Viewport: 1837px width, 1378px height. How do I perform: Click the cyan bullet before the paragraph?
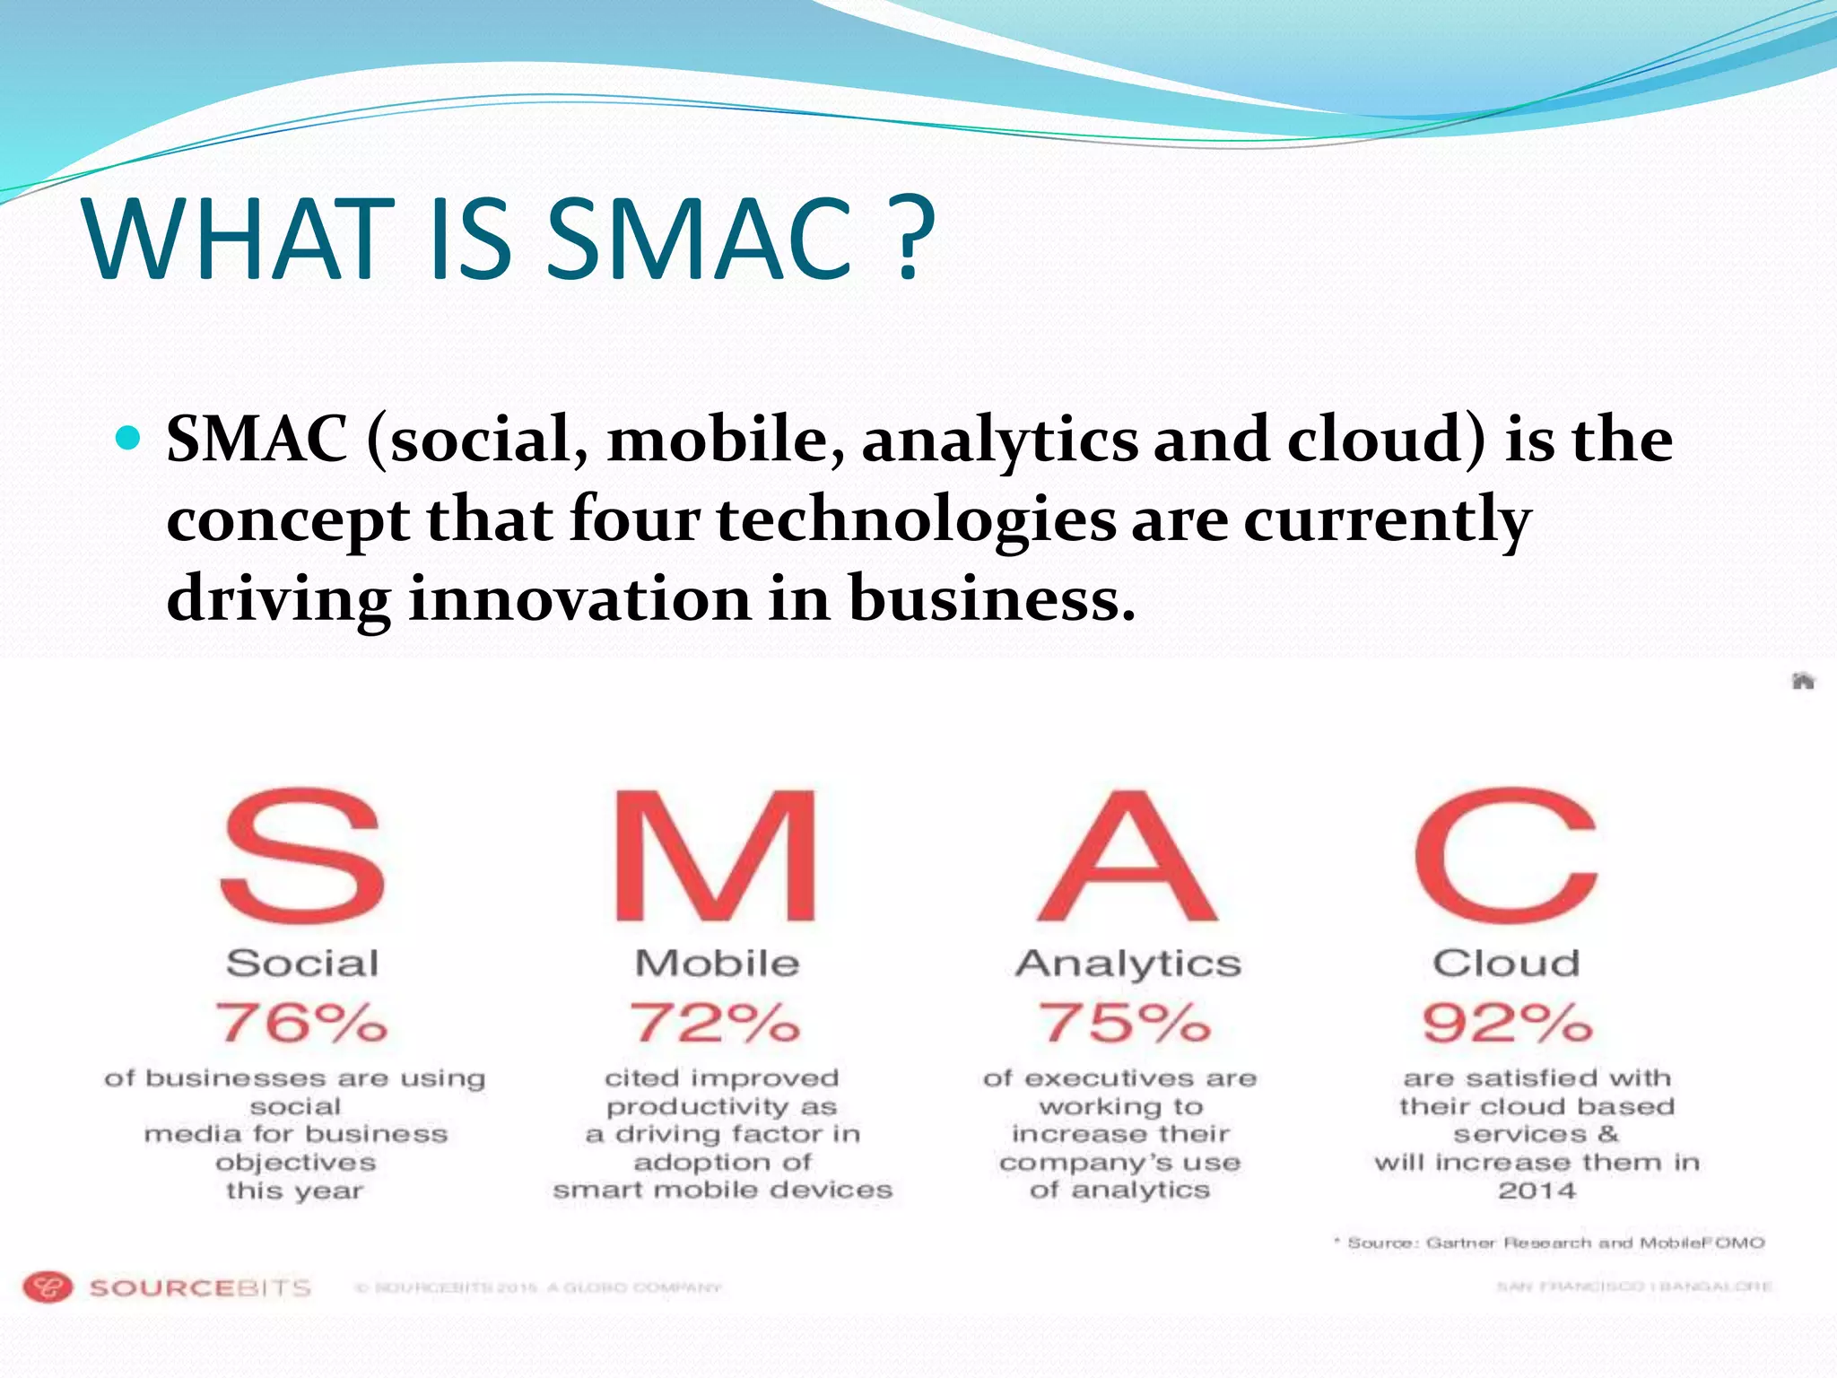(x=129, y=438)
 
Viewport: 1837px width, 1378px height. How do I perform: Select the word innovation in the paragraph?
(x=579, y=598)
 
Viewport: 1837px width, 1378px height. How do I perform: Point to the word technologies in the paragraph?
(x=916, y=519)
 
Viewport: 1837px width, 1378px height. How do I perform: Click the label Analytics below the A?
(x=1128, y=964)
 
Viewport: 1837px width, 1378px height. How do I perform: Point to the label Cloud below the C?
(x=1506, y=964)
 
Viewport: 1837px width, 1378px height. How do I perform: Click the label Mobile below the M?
(x=717, y=964)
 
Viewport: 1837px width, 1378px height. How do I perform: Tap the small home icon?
(x=1803, y=681)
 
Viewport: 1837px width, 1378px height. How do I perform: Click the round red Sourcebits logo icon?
(x=47, y=1287)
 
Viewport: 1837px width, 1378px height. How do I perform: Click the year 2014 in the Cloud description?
(x=1537, y=1191)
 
